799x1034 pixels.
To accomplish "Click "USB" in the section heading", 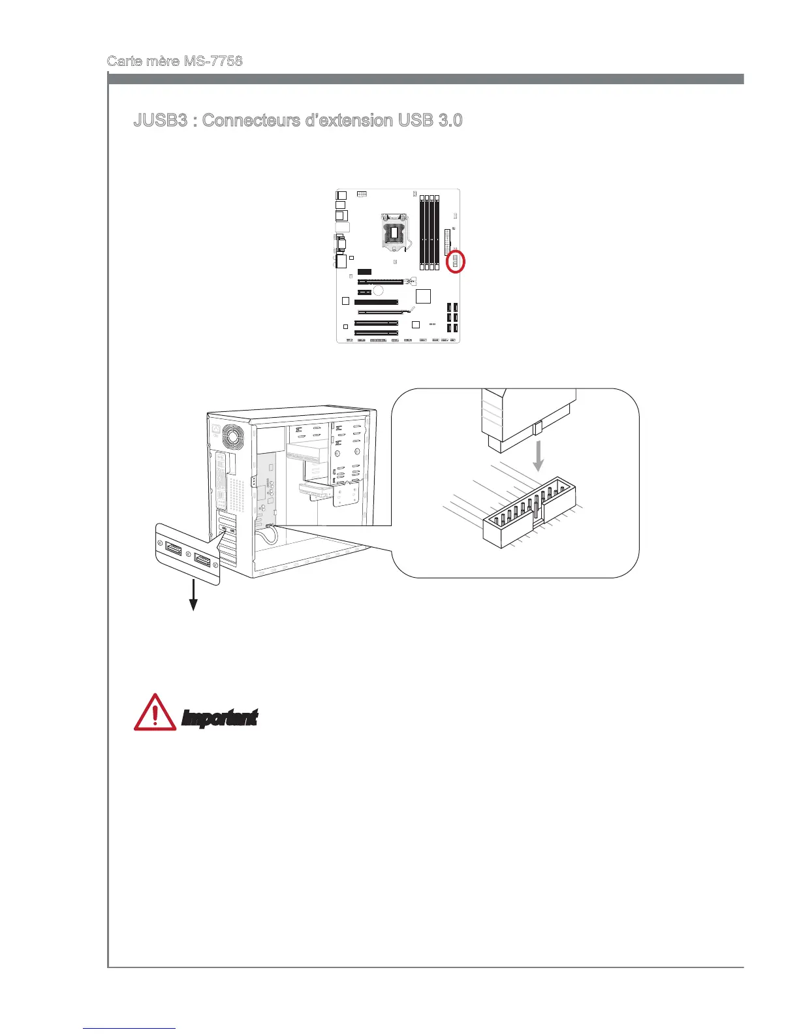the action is (x=405, y=121).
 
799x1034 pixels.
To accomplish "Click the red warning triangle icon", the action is (x=154, y=713).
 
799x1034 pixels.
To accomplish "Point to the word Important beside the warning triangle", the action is (x=219, y=718).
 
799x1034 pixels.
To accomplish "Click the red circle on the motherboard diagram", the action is (x=455, y=262).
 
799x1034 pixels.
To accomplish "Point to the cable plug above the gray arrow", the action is (x=529, y=418).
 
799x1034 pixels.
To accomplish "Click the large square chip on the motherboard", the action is (x=423, y=296).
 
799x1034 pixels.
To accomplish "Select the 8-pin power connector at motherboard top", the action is (x=363, y=195).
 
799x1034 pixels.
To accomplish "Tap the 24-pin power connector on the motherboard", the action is (x=447, y=242).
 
